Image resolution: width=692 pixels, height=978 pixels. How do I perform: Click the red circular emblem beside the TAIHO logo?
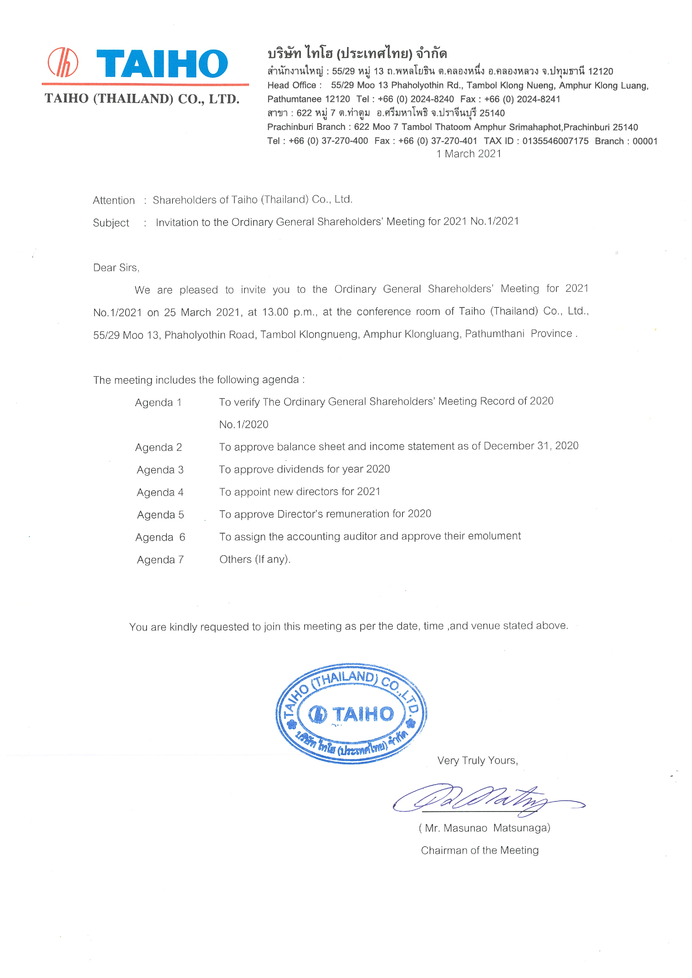coord(63,62)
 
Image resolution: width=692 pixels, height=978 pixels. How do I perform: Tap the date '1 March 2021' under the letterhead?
coord(469,154)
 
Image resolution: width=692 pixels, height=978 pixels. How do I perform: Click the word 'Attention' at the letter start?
coord(114,200)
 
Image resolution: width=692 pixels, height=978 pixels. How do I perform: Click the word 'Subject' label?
coord(111,223)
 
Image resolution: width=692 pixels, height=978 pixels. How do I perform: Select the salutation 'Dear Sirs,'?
coord(116,267)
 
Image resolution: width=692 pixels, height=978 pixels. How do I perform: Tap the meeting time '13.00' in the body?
coord(275,312)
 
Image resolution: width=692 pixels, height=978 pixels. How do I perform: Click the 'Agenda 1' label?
coord(158,403)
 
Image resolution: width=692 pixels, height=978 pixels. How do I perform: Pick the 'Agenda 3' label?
coord(160,470)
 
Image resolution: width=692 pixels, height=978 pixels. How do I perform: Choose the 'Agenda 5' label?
coord(160,515)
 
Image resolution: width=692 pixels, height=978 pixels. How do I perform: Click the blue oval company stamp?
coord(351,714)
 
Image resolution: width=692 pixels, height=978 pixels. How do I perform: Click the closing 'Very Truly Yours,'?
coord(477,760)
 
